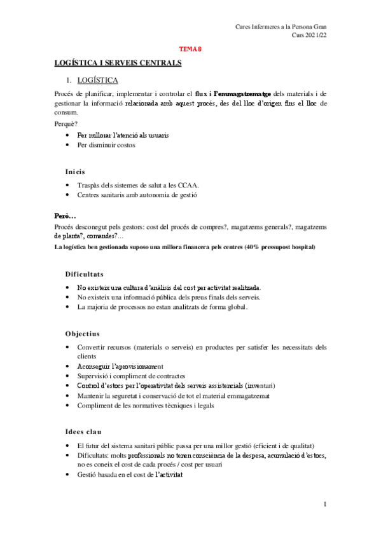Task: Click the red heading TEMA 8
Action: coord(190,48)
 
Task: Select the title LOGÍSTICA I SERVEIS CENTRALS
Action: coord(118,62)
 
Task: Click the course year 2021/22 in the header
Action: coord(316,36)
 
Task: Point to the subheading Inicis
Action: coord(75,172)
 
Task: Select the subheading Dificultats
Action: coord(84,274)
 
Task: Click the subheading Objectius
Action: coord(82,333)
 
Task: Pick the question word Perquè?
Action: coord(66,123)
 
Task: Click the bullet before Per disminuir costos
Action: coord(68,145)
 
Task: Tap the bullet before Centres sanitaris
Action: coord(68,194)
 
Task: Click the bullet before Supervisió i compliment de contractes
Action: coord(68,376)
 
